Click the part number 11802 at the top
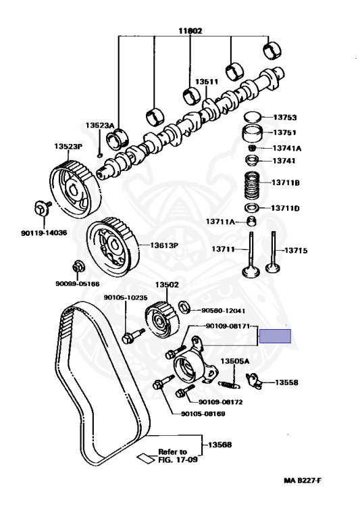[x=190, y=31]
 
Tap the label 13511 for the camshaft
[x=207, y=82]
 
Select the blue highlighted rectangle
[x=275, y=336]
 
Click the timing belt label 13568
[x=220, y=445]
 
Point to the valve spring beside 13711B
[x=254, y=185]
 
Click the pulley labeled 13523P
[x=76, y=189]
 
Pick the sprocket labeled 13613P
[x=113, y=247]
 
